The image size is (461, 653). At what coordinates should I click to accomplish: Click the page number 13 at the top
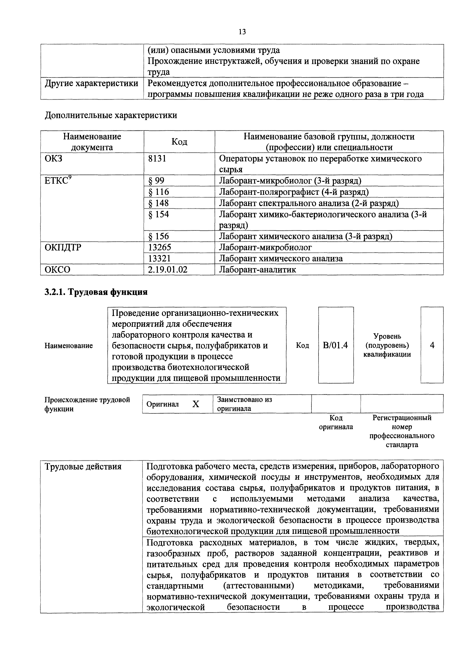click(242, 32)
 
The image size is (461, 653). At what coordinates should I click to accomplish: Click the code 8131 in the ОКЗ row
click(157, 158)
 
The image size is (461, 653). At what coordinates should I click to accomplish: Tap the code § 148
click(159, 203)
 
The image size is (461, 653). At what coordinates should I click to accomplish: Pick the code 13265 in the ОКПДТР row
click(160, 247)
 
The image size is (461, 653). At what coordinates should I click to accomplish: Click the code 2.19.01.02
click(168, 269)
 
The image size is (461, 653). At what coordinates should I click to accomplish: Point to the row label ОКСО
click(57, 269)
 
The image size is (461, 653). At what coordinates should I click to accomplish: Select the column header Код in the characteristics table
click(179, 142)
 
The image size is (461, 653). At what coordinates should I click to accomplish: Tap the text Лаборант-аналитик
click(257, 269)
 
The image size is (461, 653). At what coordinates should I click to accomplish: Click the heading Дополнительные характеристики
click(111, 115)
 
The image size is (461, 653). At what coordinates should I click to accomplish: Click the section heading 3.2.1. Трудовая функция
click(96, 292)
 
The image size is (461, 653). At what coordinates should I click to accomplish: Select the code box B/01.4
click(336, 345)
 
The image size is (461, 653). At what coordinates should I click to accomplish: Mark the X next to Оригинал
click(196, 404)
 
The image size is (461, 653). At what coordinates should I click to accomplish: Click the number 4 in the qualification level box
click(432, 345)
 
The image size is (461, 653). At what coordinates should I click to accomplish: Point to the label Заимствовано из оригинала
click(244, 404)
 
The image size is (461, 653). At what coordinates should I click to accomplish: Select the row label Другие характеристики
click(91, 83)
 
